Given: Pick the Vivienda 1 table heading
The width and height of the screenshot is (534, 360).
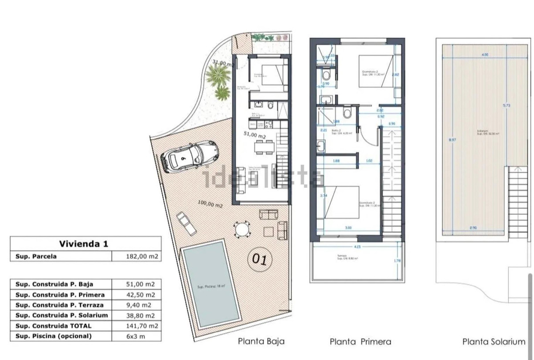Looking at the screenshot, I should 83,244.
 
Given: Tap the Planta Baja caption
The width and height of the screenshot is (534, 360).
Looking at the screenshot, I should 261,342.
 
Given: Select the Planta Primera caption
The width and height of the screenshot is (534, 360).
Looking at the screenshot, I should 360,342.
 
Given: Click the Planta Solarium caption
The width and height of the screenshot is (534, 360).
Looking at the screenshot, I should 494,342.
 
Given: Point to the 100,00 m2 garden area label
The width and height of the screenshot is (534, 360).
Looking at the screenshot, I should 210,204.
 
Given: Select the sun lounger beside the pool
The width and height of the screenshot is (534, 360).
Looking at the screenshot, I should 186,222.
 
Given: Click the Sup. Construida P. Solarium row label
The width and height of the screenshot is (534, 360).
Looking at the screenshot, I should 62,316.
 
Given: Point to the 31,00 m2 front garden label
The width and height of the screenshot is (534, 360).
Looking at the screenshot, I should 222,64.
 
